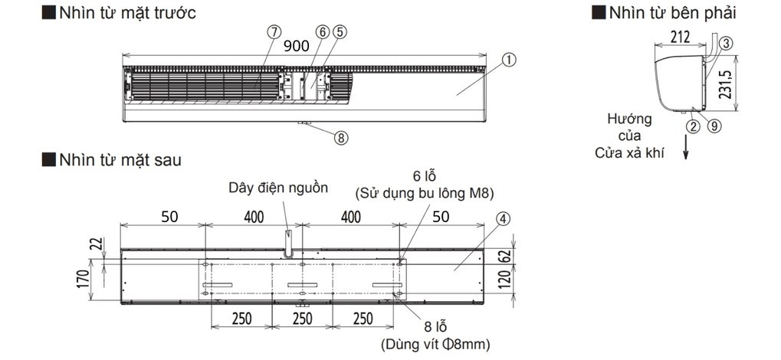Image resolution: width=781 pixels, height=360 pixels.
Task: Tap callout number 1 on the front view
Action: click(x=510, y=58)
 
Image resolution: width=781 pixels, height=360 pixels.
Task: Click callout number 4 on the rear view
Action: click(x=502, y=218)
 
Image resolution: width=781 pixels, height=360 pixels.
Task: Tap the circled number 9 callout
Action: click(x=714, y=126)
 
